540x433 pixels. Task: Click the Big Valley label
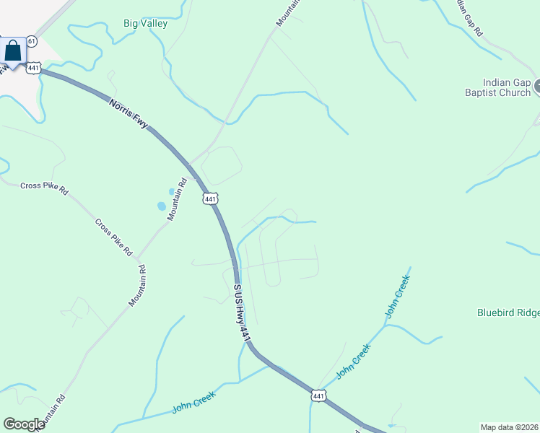click(x=145, y=24)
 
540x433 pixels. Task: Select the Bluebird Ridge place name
click(x=508, y=312)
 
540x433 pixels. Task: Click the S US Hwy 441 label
click(x=242, y=312)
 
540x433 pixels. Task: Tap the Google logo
click(x=24, y=424)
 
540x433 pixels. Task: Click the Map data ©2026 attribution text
click(x=510, y=427)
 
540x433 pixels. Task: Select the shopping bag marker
click(x=12, y=51)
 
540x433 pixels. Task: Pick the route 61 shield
click(x=31, y=41)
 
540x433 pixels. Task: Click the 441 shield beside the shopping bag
click(x=34, y=67)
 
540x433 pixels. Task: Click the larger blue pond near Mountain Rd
click(x=161, y=206)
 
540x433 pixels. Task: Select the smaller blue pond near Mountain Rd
click(x=171, y=191)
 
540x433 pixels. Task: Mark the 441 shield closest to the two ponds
click(x=209, y=198)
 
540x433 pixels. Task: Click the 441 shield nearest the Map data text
click(x=318, y=395)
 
